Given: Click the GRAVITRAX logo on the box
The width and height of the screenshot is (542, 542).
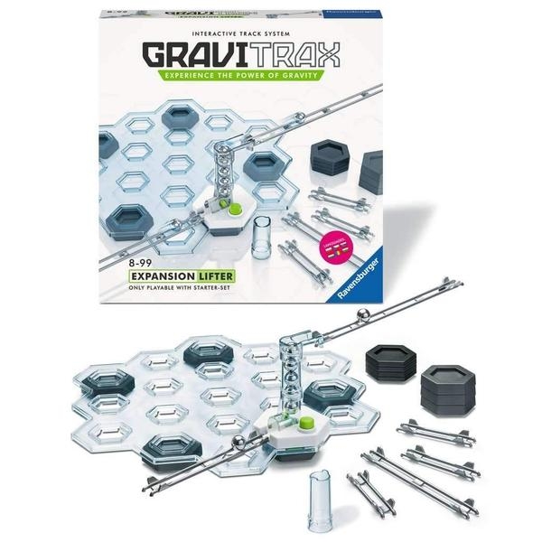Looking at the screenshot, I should pos(238,51).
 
